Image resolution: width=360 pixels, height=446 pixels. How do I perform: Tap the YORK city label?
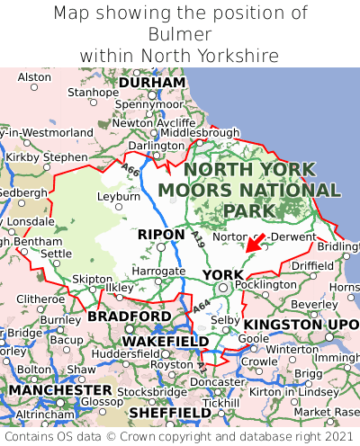coord(222,274)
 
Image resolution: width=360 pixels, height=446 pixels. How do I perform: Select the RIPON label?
coord(161,234)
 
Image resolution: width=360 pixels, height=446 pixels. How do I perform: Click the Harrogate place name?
coord(157,271)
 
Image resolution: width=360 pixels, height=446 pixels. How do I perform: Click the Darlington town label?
coord(156,146)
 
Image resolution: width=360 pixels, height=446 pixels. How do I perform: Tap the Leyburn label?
coord(119,195)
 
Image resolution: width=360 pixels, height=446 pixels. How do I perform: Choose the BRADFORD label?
coord(128,317)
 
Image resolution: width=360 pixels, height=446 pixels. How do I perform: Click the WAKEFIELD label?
coord(165,342)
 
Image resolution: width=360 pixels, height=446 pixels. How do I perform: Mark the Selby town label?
coord(224,320)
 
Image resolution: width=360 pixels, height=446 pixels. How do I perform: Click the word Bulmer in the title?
coord(180,34)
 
